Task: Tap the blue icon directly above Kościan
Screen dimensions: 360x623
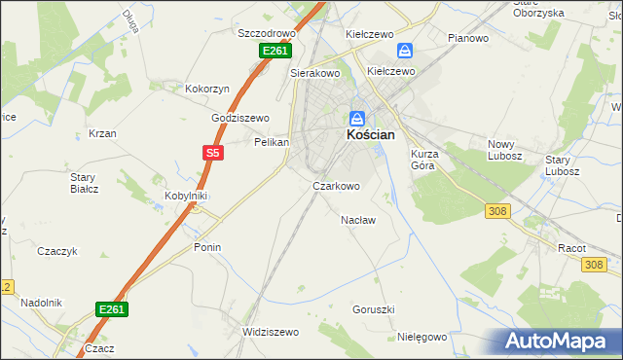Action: click(357, 118)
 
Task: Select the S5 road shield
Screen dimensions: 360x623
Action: click(213, 153)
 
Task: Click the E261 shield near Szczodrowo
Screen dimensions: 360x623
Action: click(274, 51)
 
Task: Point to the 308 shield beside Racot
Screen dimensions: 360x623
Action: click(595, 264)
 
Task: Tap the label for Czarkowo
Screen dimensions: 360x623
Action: click(336, 186)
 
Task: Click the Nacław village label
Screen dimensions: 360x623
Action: click(358, 220)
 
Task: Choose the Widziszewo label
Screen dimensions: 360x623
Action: click(271, 332)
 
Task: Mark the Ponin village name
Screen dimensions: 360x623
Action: click(207, 247)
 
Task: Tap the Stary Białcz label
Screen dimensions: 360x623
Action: click(84, 182)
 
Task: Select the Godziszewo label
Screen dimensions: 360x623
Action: click(240, 118)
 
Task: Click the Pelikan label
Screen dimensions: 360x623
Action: click(272, 142)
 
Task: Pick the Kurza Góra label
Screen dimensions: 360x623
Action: click(432, 160)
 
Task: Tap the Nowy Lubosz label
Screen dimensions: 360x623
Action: click(505, 150)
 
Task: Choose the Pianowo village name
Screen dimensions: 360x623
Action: click(467, 38)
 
